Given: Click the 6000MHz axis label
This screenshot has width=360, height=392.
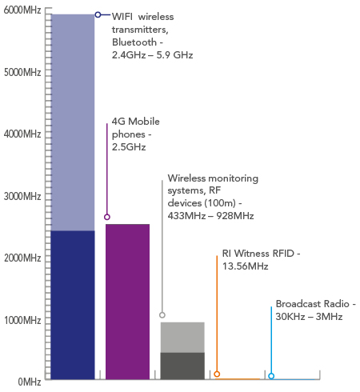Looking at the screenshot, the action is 22,10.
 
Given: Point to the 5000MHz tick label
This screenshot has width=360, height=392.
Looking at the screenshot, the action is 22,72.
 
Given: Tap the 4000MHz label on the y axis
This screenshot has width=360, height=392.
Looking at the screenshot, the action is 22,134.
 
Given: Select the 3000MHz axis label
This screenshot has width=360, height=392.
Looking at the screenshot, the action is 22,196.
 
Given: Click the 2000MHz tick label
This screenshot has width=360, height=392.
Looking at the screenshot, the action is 22,258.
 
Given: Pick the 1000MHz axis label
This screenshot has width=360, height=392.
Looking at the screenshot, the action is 22,320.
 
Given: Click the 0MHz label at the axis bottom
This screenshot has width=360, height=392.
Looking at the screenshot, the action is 30,382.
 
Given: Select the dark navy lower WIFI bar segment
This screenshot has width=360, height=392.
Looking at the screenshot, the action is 73,305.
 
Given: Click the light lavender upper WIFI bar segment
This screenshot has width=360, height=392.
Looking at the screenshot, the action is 73,122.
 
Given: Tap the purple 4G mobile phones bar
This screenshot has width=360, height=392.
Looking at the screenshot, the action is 127,302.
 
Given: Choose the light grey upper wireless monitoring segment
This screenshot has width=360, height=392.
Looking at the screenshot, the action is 182,338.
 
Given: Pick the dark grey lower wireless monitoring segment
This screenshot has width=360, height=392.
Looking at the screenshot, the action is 182,366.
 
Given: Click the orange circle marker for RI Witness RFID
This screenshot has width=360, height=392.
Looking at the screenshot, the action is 217,374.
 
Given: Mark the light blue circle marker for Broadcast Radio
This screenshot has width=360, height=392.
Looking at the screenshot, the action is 271,376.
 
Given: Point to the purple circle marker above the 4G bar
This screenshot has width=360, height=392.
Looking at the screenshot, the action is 107,217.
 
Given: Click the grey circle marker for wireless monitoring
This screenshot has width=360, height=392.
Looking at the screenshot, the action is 162,315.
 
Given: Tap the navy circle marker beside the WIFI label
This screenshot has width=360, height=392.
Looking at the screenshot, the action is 98,14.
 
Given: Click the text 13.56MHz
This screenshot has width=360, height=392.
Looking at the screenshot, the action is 246,266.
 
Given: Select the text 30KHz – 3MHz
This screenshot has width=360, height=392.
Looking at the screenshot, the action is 309,317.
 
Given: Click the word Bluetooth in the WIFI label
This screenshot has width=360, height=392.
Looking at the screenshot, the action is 134,42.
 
